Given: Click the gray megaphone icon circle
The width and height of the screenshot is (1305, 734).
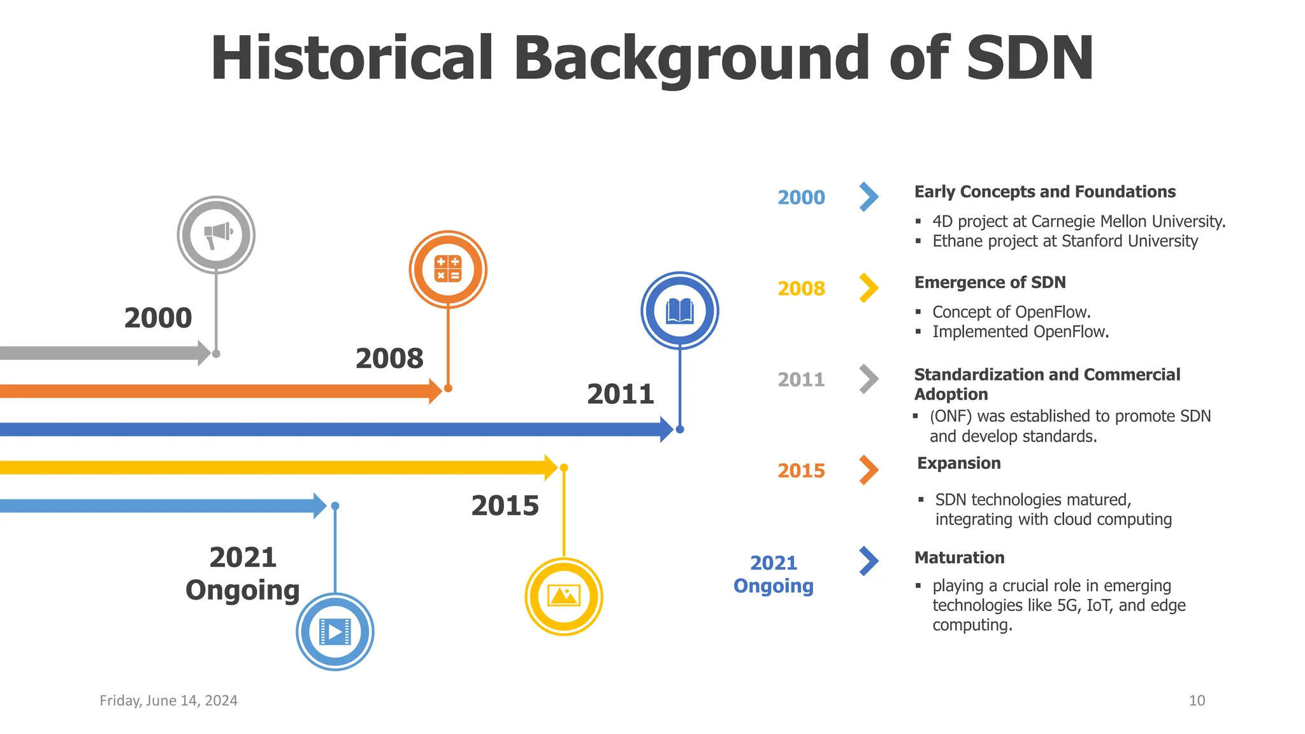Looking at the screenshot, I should click(x=216, y=234).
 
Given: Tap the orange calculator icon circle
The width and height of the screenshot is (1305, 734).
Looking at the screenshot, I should click(x=448, y=269).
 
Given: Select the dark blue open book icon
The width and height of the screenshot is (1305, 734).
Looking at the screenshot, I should click(x=680, y=310).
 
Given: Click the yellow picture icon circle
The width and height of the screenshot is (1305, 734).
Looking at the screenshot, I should click(x=564, y=596).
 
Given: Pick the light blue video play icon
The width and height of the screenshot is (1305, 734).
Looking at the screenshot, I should click(x=335, y=631).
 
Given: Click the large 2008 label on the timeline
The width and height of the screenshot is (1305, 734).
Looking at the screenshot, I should click(x=389, y=359).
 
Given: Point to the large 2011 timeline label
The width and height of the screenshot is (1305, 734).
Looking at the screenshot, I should click(x=621, y=394).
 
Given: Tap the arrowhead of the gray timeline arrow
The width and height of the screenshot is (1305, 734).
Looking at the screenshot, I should click(x=205, y=353).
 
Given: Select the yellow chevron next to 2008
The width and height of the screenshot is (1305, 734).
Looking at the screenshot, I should click(x=869, y=288).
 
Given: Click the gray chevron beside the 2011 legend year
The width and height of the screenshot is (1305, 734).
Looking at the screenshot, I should click(x=869, y=379).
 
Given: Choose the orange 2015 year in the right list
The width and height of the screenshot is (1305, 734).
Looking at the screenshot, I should click(x=801, y=471).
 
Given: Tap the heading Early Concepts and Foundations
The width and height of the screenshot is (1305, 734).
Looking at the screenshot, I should click(x=1044, y=192).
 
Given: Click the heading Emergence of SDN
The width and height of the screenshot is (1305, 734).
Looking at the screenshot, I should click(x=990, y=282).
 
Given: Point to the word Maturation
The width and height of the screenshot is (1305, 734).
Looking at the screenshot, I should click(x=959, y=558).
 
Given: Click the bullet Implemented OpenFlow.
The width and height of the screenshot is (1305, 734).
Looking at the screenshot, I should click(x=1020, y=332).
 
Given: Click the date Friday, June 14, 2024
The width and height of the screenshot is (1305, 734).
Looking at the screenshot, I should click(x=168, y=701).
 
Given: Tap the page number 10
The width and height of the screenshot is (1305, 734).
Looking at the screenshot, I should click(x=1197, y=701).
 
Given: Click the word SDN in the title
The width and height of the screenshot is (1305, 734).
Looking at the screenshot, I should click(x=1030, y=59).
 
